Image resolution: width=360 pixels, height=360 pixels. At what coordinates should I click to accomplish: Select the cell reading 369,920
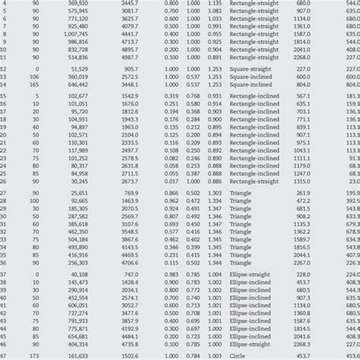point(77,2)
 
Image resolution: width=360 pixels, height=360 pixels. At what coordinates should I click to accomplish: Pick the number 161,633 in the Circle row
point(77,355)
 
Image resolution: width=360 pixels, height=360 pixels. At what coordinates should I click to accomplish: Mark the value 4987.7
point(129,56)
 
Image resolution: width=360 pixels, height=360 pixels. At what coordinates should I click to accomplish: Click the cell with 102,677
point(77,96)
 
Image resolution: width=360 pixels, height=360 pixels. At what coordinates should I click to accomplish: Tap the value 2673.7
point(129,182)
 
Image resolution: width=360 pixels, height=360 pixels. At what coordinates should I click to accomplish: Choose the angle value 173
point(35,355)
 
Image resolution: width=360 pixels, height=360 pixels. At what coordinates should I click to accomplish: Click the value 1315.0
point(302,182)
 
